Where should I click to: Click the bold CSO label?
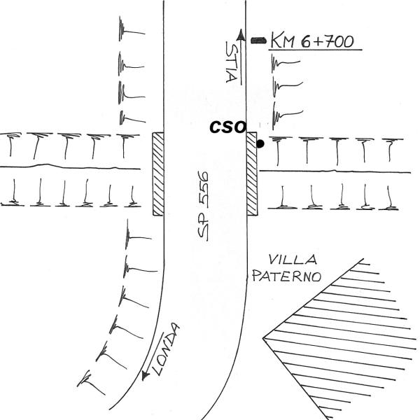point(227,127)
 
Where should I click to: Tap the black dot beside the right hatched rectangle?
point(260,143)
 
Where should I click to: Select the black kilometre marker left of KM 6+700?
point(258,41)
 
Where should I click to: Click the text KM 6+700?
point(312,41)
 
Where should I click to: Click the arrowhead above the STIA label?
point(241,35)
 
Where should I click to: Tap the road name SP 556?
point(203,206)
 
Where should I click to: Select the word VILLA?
point(293,260)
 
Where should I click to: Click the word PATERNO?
point(286,276)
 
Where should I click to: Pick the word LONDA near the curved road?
point(165,349)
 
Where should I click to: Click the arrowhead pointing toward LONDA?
point(146,375)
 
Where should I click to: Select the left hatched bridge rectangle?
point(158,174)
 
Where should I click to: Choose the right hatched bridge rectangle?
point(252,174)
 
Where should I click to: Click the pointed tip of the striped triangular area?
point(263,338)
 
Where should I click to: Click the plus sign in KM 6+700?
point(317,42)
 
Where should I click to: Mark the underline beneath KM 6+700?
point(315,50)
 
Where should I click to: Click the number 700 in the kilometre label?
point(338,41)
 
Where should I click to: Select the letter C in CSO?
point(216,127)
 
